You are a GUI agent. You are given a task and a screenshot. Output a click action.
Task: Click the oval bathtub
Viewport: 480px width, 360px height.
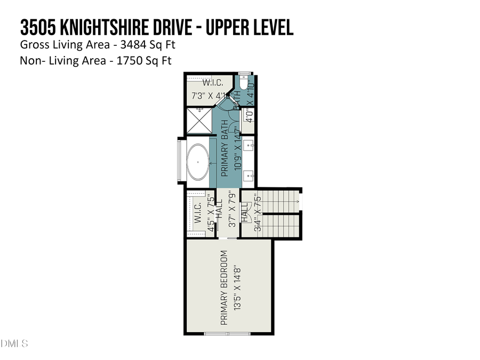(x=198, y=162)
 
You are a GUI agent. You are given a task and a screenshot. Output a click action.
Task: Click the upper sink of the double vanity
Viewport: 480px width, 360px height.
(x=249, y=145)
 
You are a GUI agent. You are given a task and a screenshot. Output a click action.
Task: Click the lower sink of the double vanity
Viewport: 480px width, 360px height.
(x=249, y=174)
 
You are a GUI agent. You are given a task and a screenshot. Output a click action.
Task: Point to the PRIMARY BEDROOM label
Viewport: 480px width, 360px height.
(x=224, y=288)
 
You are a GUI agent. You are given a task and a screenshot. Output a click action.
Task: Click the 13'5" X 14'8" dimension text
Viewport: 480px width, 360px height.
(x=237, y=288)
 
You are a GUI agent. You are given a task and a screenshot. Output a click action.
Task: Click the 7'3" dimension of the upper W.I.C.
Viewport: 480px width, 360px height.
(x=201, y=97)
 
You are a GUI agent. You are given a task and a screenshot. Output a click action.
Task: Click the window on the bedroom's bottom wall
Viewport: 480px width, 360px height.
(x=228, y=334)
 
